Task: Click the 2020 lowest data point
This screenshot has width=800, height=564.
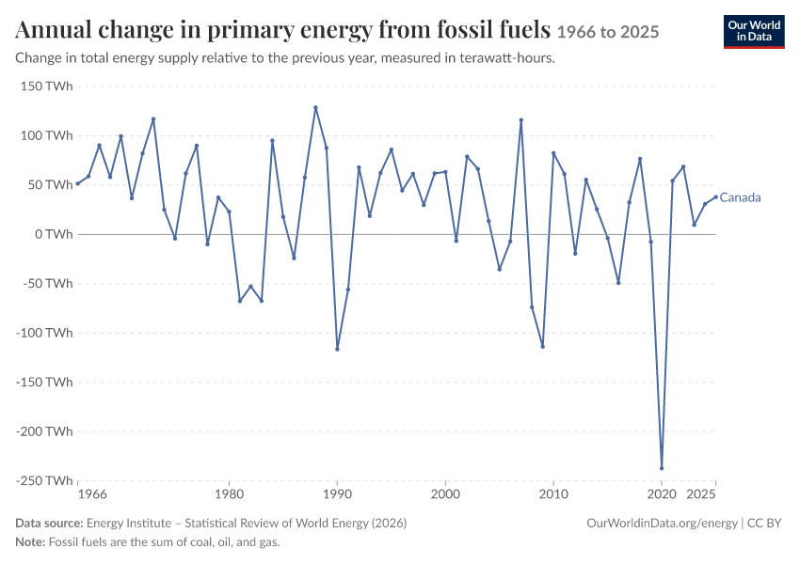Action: tap(662, 468)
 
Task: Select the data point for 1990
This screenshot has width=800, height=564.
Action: tap(337, 349)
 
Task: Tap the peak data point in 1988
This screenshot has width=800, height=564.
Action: tap(315, 107)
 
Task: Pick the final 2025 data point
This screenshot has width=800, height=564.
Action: tap(715, 196)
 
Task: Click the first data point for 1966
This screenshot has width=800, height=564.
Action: tap(77, 183)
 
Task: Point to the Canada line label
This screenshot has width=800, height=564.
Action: tap(740, 197)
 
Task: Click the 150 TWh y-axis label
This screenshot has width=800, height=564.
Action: tap(46, 86)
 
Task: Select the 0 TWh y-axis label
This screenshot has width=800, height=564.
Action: tap(54, 234)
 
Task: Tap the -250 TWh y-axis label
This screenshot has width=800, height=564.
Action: tap(44, 481)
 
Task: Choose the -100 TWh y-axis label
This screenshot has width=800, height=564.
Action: tap(44, 333)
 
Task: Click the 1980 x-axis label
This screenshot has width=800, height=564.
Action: tap(229, 494)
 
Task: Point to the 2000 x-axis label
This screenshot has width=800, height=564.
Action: tap(445, 494)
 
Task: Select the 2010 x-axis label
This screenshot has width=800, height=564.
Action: tap(553, 494)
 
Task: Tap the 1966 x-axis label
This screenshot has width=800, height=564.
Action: tap(92, 494)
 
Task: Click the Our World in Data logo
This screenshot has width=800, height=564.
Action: tap(754, 32)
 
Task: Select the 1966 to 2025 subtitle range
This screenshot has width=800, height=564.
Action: tap(608, 32)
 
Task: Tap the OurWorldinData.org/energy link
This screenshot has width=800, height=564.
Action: tap(662, 524)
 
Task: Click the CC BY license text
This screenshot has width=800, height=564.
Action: tap(764, 524)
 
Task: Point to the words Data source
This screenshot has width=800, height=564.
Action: tap(49, 524)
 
